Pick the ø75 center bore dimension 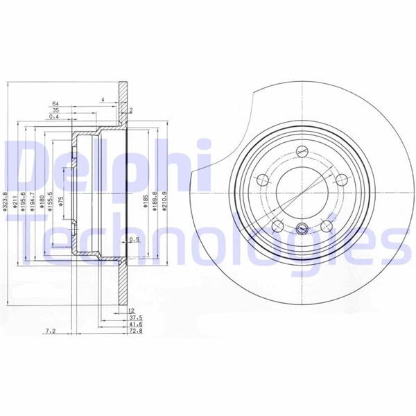[x=63, y=201]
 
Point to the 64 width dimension [x=55, y=104]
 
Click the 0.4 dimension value [x=54, y=116]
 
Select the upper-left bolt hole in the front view [x=263, y=181]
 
